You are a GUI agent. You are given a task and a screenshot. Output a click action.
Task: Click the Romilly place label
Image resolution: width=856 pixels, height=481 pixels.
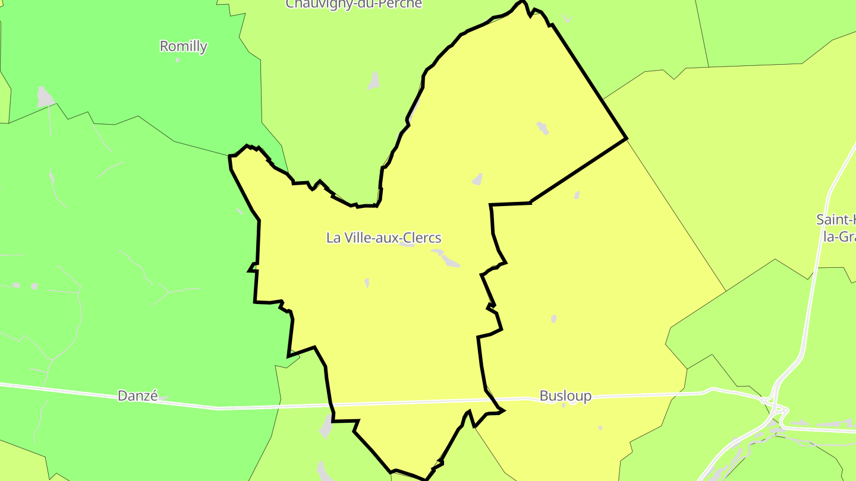pos(183,46)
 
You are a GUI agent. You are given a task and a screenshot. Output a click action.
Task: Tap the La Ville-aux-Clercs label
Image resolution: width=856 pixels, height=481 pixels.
pos(383,238)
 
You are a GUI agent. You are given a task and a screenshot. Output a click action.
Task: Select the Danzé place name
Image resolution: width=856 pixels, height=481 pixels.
pos(138,395)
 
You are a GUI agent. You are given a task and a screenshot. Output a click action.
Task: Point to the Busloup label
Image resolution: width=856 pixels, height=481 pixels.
pos(565,395)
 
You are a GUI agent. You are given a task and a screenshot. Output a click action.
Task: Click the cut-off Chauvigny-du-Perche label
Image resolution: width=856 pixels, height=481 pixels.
pos(354,4)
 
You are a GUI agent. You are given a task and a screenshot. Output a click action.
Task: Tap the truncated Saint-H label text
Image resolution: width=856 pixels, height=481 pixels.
pos(836,219)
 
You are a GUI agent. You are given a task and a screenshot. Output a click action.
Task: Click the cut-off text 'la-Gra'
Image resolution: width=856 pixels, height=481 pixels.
pos(839,236)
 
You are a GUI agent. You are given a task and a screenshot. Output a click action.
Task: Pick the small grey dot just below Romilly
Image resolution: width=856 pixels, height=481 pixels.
pos(177,60)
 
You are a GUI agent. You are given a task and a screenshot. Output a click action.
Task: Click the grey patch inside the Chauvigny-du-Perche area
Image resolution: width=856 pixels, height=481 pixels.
pos(374,80)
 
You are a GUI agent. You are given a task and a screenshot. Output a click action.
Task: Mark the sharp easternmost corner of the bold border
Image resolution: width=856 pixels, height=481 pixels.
pos(627,139)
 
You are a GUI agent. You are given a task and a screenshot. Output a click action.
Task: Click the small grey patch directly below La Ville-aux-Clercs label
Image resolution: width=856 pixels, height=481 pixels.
pos(367,283)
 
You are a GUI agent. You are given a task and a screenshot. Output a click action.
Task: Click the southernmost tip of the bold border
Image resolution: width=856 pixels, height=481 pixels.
pos(426,479)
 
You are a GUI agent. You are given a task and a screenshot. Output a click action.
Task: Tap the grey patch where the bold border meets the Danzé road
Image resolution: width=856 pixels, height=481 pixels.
pos(326,426)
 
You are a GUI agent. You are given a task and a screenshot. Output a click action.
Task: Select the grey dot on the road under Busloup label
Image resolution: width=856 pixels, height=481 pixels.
pos(564,405)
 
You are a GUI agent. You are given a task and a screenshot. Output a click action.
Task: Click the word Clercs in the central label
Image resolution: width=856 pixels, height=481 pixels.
pos(421,238)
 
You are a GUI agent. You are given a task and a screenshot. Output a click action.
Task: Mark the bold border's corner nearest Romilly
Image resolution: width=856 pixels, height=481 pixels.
pos(230,156)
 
